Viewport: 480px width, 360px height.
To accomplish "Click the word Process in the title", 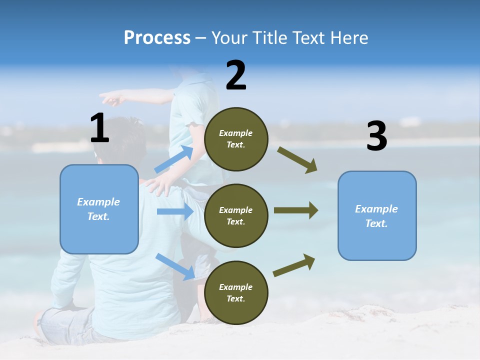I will pos(157,37).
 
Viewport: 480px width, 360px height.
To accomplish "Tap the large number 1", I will pos(99,128).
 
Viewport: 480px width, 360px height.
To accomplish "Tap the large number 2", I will pos(236,75).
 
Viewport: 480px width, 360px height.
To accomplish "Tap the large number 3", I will pos(376,136).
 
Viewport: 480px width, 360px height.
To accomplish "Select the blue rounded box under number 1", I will pos(99,209).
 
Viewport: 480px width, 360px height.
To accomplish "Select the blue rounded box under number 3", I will pos(377,216).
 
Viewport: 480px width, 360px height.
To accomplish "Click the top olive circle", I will pos(236,139).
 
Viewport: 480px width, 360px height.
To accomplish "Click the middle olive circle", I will pos(236,216).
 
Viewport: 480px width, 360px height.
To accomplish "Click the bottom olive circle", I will pos(236,293).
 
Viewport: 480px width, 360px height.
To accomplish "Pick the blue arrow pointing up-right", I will pos(174,159).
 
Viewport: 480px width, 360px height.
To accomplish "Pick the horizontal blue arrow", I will pos(175,211).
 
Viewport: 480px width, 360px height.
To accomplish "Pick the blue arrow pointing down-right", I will pos(175,266).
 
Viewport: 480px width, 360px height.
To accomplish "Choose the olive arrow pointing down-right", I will pos(297,160).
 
